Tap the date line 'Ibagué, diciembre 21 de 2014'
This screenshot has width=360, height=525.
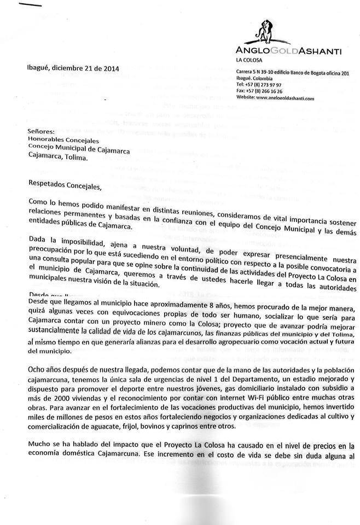[x=73, y=69]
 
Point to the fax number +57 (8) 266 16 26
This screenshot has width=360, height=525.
[x=265, y=91]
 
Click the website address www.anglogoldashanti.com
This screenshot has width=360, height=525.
[x=285, y=97]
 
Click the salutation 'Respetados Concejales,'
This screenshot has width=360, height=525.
[x=65, y=185]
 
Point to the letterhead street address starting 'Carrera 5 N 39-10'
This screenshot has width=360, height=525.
[x=292, y=73]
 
